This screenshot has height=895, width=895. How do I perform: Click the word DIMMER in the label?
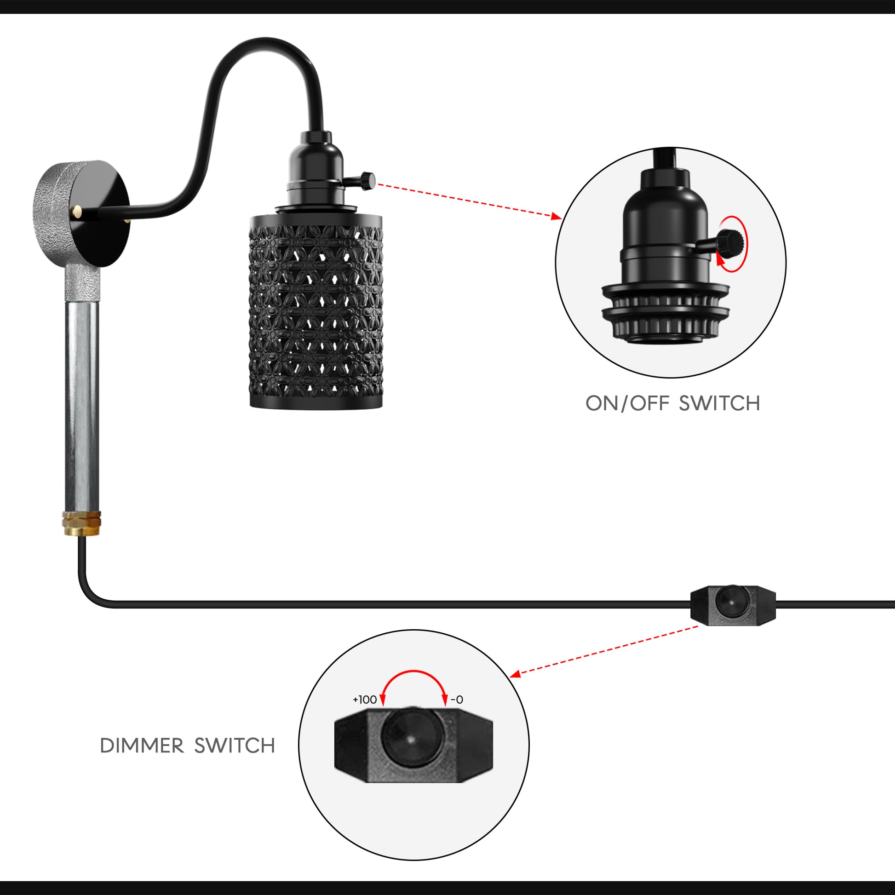(142, 746)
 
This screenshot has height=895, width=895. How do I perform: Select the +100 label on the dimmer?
(365, 700)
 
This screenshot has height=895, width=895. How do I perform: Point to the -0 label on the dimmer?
(457, 700)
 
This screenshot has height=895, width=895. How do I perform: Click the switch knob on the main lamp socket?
(368, 181)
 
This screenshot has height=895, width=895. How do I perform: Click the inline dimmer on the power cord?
(733, 605)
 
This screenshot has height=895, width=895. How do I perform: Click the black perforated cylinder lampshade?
(316, 310)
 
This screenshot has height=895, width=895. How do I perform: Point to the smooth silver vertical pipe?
(81, 403)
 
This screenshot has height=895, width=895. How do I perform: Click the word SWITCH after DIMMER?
(235, 746)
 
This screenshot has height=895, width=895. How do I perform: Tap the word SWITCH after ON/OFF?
(719, 403)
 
